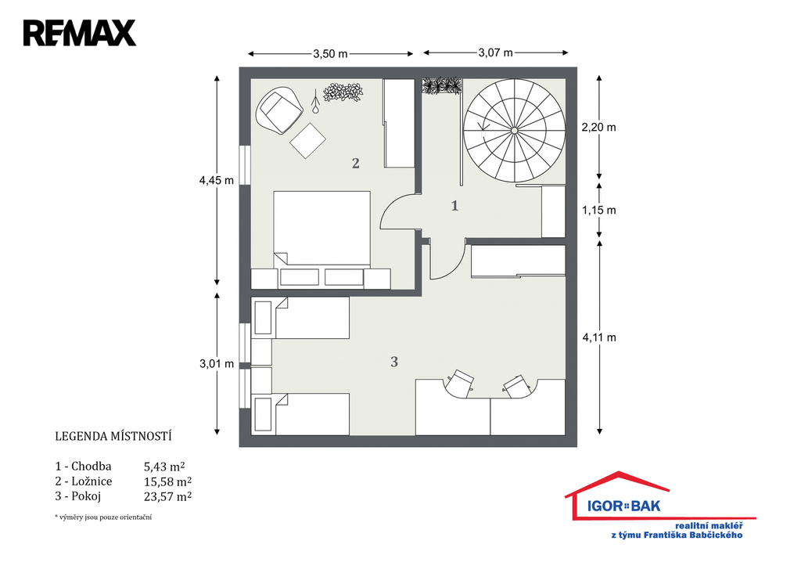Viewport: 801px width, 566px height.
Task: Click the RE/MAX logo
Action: (80, 33)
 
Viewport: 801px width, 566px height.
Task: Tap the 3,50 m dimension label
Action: (331, 54)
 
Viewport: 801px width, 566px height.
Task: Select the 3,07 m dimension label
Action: (495, 52)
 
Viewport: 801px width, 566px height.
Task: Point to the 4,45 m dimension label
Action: (217, 181)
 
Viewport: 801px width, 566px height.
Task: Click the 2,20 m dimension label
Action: (598, 128)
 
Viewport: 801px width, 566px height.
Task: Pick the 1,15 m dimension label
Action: (598, 210)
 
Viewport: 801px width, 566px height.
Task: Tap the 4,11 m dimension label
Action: (599, 337)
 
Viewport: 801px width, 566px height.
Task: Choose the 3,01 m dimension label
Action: (217, 364)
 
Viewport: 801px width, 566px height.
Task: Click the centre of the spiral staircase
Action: (514, 131)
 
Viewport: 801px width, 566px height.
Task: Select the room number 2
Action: (356, 163)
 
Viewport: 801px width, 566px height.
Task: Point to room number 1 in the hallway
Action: (454, 206)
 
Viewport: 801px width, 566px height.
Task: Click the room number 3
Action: (394, 362)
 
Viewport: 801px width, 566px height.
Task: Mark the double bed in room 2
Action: (321, 229)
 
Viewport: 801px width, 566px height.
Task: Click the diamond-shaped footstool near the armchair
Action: (308, 141)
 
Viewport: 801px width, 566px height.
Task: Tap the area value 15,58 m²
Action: (167, 481)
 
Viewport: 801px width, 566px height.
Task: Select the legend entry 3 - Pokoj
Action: (78, 496)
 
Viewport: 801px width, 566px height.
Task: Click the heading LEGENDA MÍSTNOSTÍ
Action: (113, 437)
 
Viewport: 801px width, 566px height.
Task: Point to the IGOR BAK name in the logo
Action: (623, 507)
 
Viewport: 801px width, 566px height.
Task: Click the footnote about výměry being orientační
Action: (103, 517)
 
